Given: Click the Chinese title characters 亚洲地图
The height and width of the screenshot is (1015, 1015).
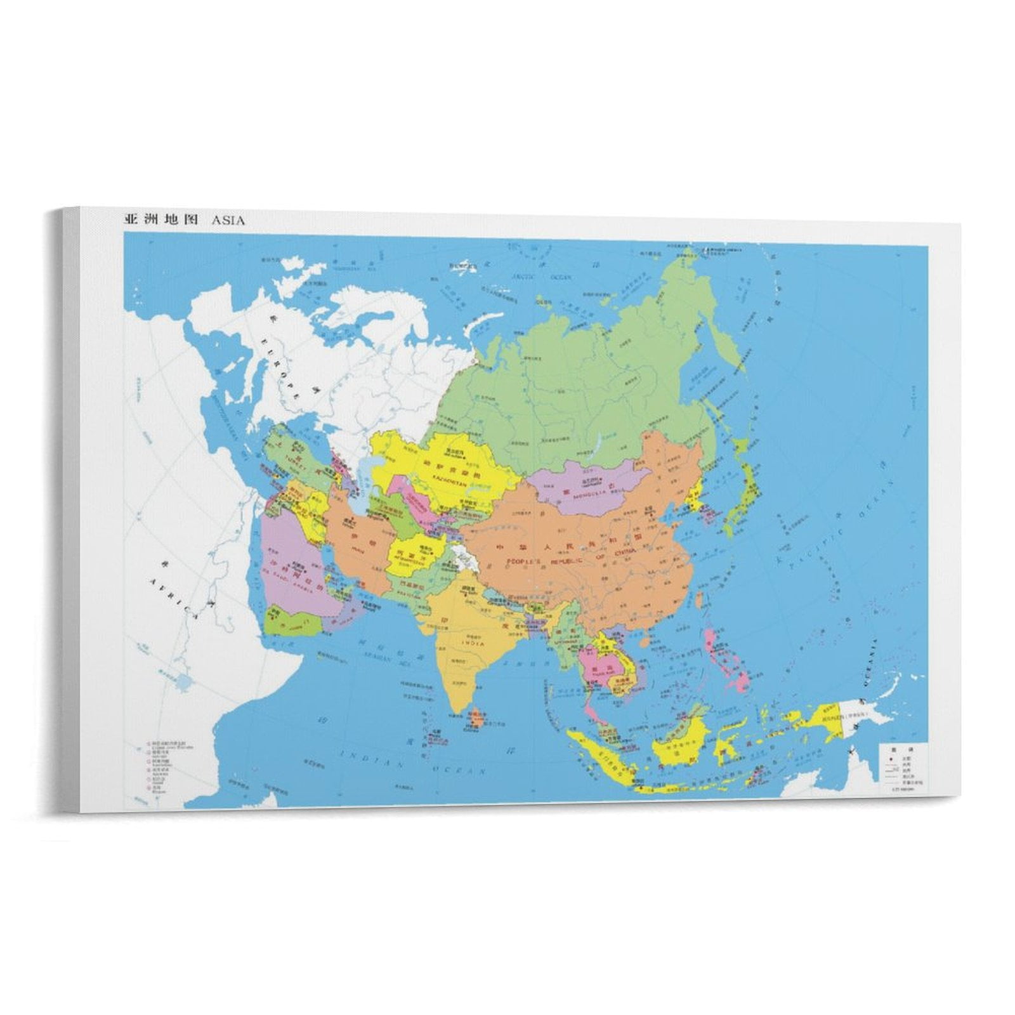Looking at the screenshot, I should (x=160, y=221).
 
